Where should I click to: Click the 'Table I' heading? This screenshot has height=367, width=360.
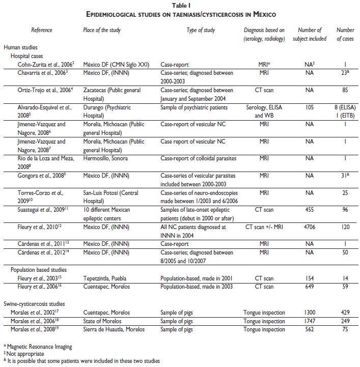pyautogui.click(x=180, y=5)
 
